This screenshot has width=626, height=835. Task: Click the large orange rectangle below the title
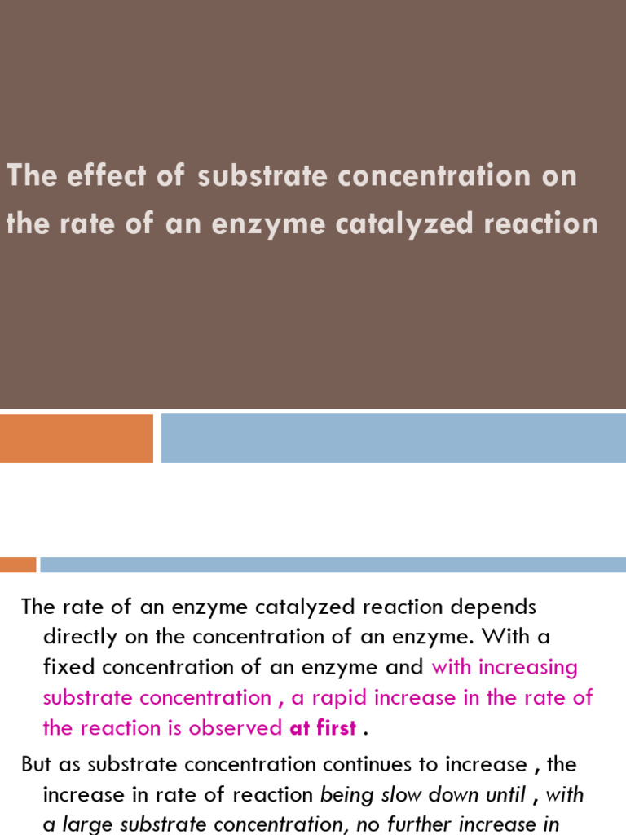76,439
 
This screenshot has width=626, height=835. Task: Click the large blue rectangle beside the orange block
393,439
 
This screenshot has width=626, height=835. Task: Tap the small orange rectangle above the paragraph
18,564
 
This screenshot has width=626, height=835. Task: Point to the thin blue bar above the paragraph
333,564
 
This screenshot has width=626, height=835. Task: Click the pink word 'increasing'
528,667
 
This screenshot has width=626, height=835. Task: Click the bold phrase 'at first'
323,728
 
